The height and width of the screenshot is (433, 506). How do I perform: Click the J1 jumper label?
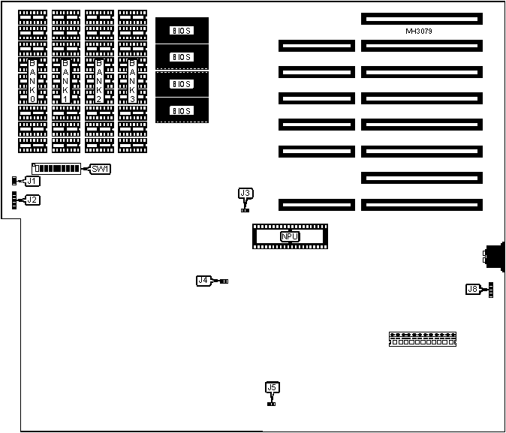(x=32, y=181)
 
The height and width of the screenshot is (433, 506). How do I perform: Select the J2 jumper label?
(x=32, y=200)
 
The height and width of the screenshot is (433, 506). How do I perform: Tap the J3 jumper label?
(x=245, y=194)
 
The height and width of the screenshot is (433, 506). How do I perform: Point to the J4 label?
(x=203, y=281)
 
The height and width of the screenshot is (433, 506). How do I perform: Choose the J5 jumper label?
(x=272, y=387)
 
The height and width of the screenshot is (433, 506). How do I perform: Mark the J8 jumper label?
(x=472, y=289)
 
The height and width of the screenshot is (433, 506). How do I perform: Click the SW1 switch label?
(x=101, y=169)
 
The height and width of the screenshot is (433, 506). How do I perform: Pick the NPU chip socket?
(x=291, y=236)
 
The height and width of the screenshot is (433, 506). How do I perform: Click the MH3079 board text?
(x=418, y=32)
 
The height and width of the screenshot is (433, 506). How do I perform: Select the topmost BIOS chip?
(x=182, y=31)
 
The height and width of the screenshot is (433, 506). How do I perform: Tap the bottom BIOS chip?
(x=182, y=110)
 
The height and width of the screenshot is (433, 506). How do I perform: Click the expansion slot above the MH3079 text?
(x=420, y=17)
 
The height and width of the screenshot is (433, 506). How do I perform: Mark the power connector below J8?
(x=423, y=338)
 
